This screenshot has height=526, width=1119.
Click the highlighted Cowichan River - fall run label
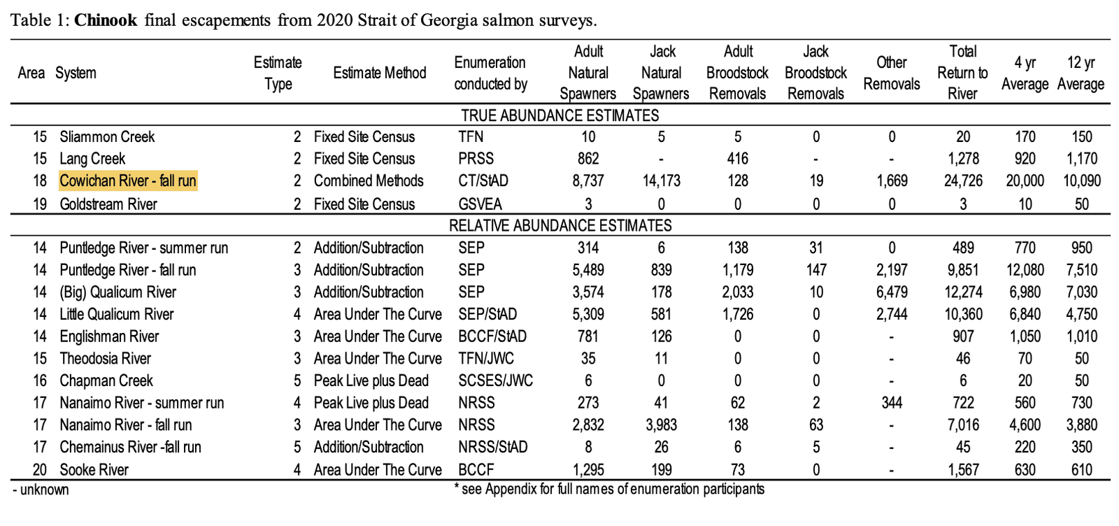(127, 181)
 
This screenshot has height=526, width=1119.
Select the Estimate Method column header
(379, 73)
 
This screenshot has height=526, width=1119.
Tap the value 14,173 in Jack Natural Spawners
(661, 181)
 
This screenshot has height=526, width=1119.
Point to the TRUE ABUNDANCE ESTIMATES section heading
(559, 115)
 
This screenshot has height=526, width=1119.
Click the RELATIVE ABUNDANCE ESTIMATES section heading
(559, 226)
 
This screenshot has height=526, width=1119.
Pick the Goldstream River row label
(108, 204)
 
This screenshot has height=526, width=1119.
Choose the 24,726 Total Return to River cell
(962, 181)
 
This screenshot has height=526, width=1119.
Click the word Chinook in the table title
(106, 20)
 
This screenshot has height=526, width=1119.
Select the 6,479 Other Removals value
(892, 292)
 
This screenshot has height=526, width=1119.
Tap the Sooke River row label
(94, 470)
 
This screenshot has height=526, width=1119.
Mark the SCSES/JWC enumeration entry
(495, 381)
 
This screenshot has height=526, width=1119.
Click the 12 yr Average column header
(1081, 73)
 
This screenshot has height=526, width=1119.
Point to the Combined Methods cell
(368, 181)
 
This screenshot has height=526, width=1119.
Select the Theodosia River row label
(105, 359)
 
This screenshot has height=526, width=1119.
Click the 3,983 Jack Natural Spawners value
(661, 425)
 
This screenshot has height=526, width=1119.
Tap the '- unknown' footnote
(41, 490)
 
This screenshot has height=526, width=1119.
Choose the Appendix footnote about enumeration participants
(608, 490)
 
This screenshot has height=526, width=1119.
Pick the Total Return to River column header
(962, 73)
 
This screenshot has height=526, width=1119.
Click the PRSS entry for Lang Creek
(476, 159)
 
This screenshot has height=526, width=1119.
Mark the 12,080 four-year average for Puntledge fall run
(1025, 270)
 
